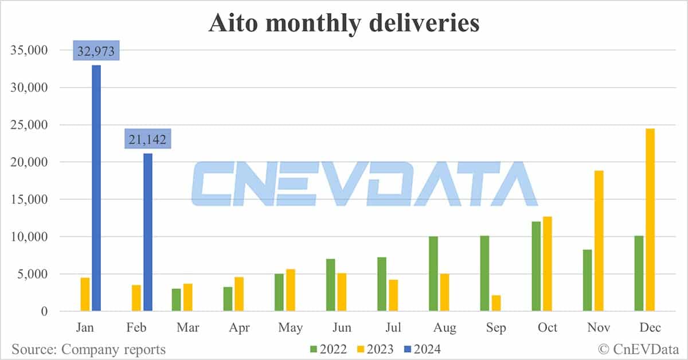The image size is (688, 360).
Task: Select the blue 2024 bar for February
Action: pos(147,232)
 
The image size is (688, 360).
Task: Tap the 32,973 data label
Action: pos(96,52)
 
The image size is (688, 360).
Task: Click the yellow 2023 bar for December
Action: pos(650,220)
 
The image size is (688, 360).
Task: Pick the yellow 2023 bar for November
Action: pos(599,241)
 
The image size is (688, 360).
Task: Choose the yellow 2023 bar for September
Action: pos(496,303)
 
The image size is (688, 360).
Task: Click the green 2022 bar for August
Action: pos(433,273)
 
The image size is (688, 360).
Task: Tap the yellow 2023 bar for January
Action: pos(85,295)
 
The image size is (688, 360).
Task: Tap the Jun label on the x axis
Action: pos(342,328)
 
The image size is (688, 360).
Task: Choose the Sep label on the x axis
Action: pos(496,328)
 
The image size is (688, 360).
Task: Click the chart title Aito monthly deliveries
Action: pos(343,23)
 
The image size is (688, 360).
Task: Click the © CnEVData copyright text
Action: pos(638,348)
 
